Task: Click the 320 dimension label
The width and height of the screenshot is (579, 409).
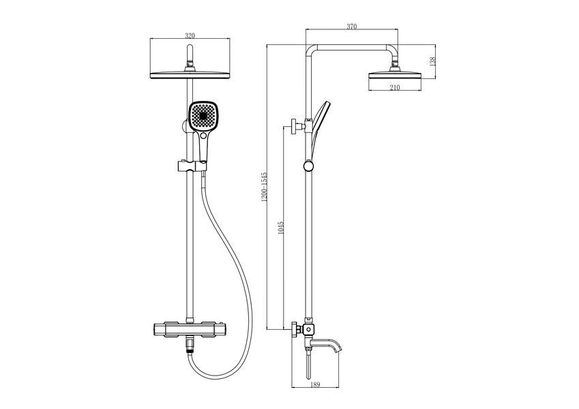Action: (x=190, y=35)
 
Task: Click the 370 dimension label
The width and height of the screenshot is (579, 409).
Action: (x=351, y=26)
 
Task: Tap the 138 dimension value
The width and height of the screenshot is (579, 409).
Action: (x=433, y=61)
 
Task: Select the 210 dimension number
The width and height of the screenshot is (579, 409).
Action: (x=395, y=87)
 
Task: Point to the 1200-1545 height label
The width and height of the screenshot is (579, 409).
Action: (x=264, y=187)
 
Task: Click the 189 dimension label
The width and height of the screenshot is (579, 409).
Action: (x=315, y=384)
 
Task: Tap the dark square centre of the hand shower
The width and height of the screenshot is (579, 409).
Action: (x=203, y=115)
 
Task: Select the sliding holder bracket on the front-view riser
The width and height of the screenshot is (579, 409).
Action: (x=192, y=166)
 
